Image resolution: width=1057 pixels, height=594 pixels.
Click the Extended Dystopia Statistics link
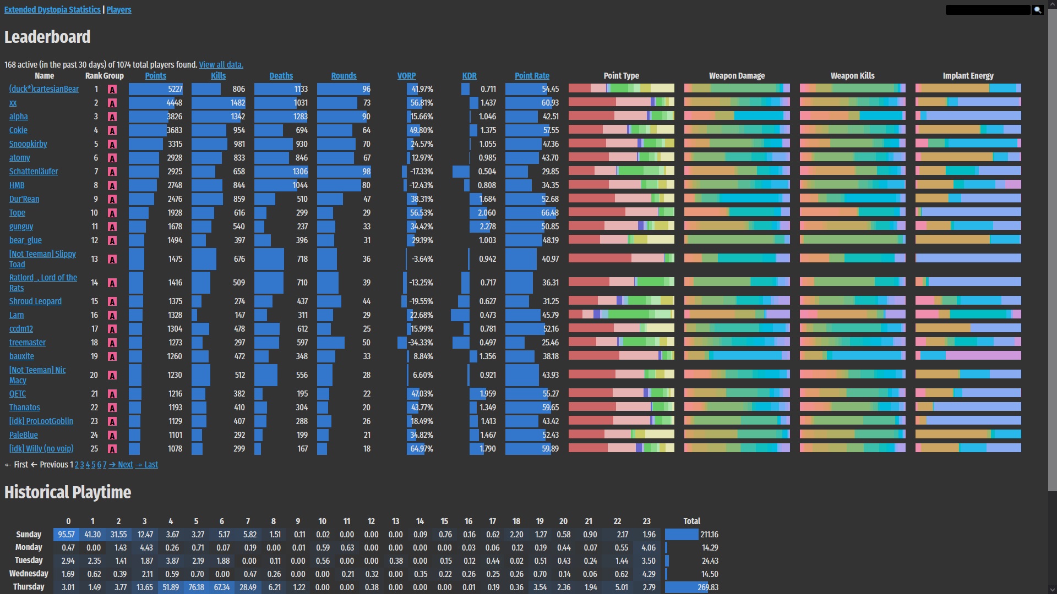[52, 10]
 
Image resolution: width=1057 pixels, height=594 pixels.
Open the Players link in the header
[119, 10]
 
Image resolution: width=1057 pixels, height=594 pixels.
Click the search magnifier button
[1038, 10]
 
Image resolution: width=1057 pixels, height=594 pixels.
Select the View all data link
[221, 65]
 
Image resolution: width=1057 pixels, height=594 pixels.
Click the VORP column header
[406, 76]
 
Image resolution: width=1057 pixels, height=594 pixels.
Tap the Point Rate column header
[532, 76]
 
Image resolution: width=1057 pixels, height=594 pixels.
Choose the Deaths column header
[281, 76]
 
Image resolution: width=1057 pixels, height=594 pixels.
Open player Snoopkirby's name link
[28, 144]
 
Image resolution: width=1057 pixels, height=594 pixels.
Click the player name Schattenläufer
[34, 172]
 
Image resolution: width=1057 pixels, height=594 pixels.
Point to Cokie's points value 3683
[175, 130]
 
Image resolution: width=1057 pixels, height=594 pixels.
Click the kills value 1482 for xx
[237, 103]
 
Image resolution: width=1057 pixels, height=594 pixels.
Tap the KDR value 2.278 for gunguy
[488, 227]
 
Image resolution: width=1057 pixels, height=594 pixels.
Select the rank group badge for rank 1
[112, 90]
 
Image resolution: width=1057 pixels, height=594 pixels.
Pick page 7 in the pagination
[105, 465]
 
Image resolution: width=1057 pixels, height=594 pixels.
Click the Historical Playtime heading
[68, 492]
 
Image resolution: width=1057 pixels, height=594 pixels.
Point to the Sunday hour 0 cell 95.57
[66, 535]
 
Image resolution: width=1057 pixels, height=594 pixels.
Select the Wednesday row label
[29, 574]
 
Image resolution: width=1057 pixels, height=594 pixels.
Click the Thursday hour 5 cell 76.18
[196, 587]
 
